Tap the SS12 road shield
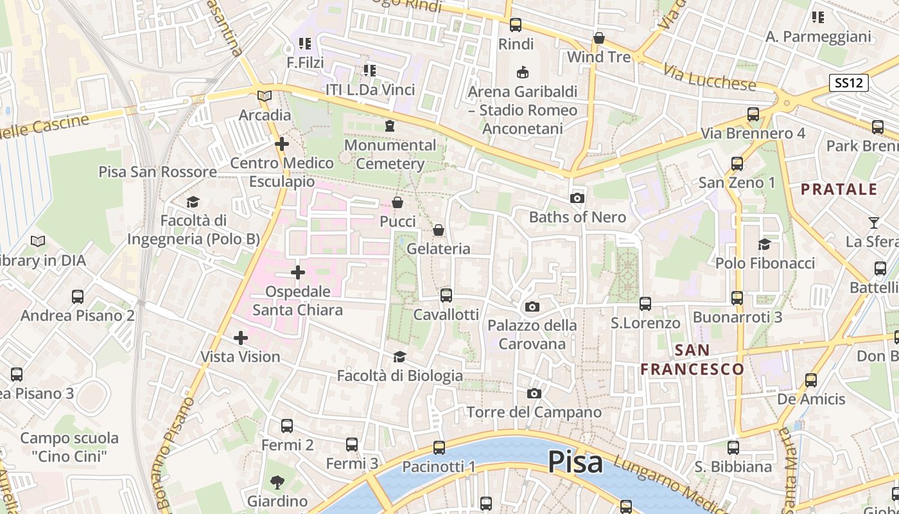pos(848,83)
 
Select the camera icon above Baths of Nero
pos(577,198)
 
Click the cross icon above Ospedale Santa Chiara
pos(298,272)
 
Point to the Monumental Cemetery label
pos(390,154)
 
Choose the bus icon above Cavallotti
pos(446,296)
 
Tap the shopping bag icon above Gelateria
pos(439,230)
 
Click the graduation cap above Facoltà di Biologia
pos(399,357)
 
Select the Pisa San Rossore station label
pos(157,172)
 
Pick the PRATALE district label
pos(839,189)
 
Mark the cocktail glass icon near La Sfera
pos(873,223)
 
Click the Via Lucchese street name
pos(710,77)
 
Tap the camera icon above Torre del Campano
pos(534,393)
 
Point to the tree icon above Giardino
pos(277,482)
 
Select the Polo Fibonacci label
pos(765,263)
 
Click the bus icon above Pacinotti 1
pos(439,447)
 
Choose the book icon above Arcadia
pos(265,96)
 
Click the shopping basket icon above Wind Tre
pos(599,39)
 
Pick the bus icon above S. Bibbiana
pos(733,447)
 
